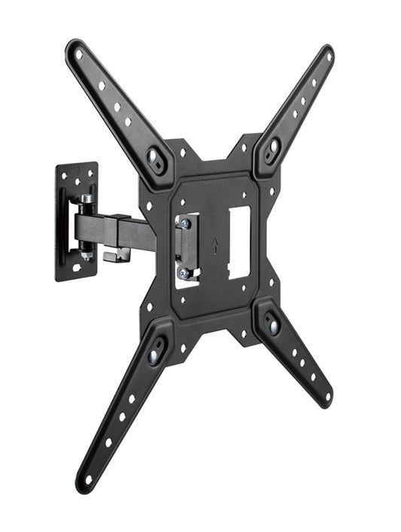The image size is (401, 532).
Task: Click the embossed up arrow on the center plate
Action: coord(214,246)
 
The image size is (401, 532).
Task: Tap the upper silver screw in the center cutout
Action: coord(182,223)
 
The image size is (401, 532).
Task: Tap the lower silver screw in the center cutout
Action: coord(183,273)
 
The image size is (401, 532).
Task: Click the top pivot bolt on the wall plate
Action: coord(87,199)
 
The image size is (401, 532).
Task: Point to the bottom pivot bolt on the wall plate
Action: coord(88,254)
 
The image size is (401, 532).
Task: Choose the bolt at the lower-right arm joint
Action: coord(273,326)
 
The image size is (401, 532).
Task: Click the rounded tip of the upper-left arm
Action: coord(74,49)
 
